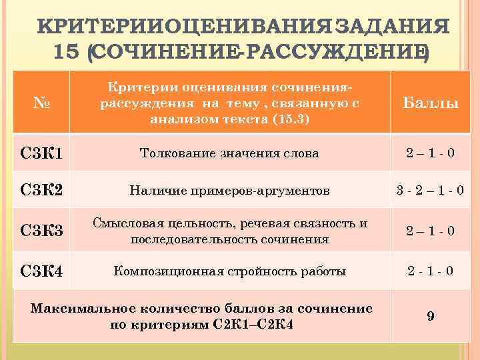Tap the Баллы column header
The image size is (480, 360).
[x=430, y=104]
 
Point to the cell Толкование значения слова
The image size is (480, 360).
[x=229, y=153]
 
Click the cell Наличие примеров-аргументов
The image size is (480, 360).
[x=229, y=191]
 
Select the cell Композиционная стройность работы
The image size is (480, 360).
[x=230, y=271]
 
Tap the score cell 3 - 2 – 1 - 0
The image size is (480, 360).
[x=430, y=191]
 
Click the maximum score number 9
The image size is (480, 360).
[x=431, y=317]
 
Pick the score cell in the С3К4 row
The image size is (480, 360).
[x=430, y=271]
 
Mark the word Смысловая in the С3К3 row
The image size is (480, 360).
[x=122, y=223]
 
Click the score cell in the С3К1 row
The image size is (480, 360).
[x=430, y=153]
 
